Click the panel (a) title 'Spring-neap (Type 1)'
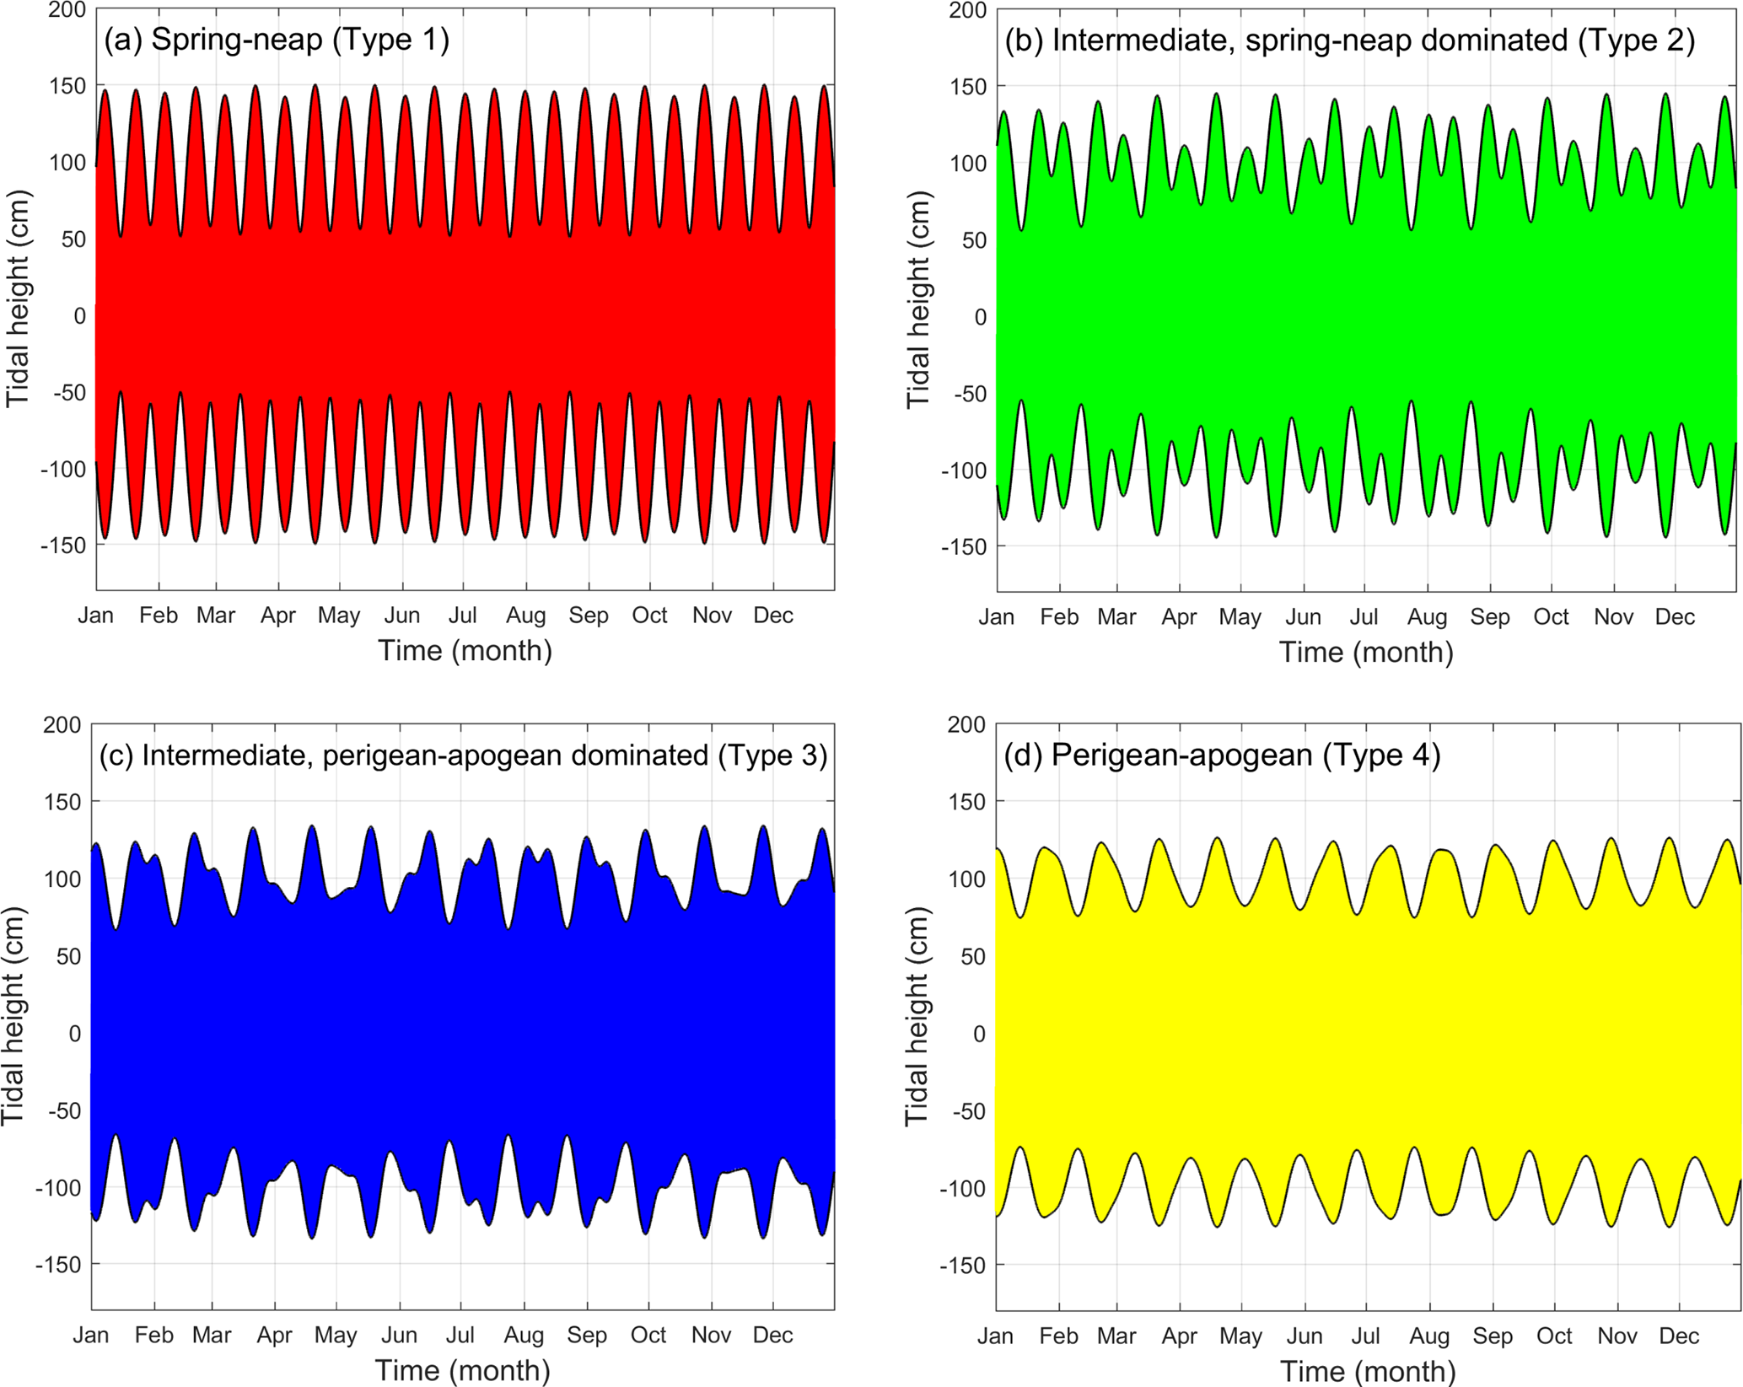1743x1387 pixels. tap(277, 40)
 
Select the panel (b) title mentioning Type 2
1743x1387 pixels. tap(1349, 40)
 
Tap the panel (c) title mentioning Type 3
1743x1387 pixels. tap(463, 755)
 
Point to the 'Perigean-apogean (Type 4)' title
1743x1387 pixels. tap(1222, 755)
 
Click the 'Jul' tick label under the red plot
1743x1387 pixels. tap(463, 616)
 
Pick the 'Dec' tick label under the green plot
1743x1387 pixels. tap(1675, 617)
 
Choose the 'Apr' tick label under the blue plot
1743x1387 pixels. tap(274, 1336)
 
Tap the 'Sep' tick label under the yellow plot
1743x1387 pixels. tap(1493, 1336)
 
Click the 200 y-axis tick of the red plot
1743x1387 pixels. tap(67, 10)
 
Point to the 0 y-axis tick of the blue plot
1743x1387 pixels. tap(74, 1034)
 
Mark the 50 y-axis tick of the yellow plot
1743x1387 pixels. tap(973, 957)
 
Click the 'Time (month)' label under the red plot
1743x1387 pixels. tap(465, 651)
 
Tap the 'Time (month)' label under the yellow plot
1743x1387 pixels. tap(1368, 1372)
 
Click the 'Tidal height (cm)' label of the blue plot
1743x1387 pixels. tap(13, 1016)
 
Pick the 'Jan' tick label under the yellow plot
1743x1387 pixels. tap(996, 1336)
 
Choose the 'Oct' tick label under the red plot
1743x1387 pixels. tap(649, 616)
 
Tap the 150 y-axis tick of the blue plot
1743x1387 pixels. tap(62, 802)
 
